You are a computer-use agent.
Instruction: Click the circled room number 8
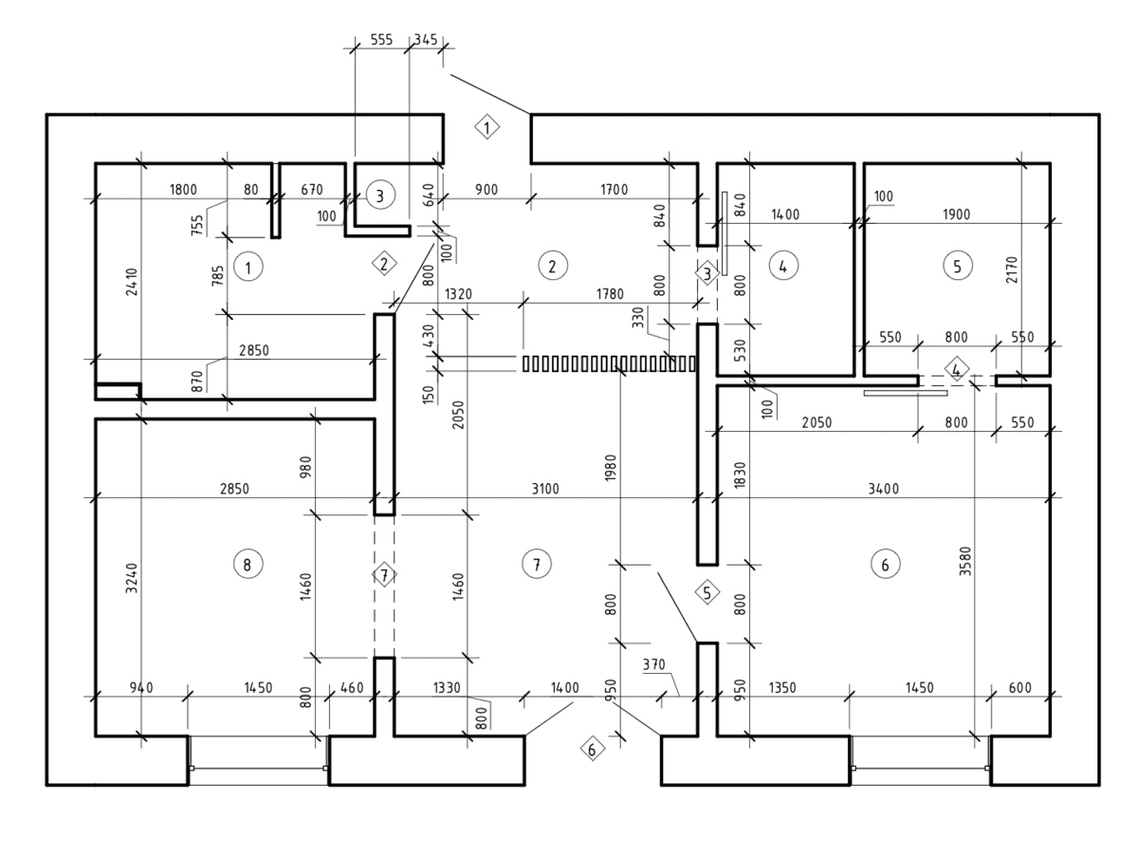pos(248,564)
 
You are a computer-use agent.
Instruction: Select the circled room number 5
pos(957,266)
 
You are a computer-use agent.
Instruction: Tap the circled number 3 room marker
pos(380,196)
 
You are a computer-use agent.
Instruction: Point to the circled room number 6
pos(885,564)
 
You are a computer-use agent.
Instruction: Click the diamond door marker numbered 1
pos(486,127)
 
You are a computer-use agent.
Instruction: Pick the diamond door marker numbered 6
pos(592,749)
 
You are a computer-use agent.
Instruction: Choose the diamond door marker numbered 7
pos(384,575)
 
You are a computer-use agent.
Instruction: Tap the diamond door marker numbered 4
pos(957,369)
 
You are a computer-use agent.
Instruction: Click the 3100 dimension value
pos(545,489)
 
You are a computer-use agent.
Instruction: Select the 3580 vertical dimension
pos(964,561)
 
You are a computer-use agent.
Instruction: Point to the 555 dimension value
pos(381,40)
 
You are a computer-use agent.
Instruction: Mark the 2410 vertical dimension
pos(132,282)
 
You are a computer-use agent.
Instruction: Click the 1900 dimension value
pos(956,214)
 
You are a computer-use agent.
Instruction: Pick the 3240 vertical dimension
pos(132,578)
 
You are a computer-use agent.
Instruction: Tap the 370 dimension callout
pos(653,664)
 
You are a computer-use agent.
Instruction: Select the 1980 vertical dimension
pos(611,467)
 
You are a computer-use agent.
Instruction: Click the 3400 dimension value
pos(884,489)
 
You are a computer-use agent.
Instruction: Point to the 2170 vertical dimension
pos(1012,270)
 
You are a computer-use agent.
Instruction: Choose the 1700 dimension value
pos(615,190)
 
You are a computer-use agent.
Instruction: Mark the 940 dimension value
pos(141,688)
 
